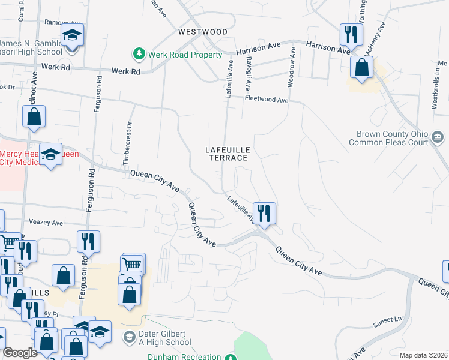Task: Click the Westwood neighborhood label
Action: [202, 31]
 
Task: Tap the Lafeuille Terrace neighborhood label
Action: [228, 153]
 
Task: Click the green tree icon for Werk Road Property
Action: [139, 54]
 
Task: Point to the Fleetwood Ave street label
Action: [266, 100]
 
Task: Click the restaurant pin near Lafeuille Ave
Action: [264, 213]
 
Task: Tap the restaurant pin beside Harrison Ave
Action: [351, 34]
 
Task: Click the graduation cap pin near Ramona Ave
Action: [73, 36]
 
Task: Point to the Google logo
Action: [20, 353]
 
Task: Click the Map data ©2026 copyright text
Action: [423, 355]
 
